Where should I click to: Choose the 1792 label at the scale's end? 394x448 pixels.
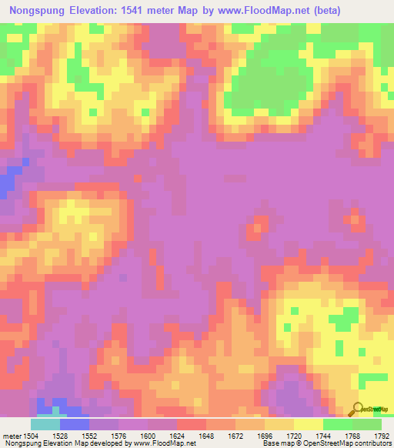tap(382, 436)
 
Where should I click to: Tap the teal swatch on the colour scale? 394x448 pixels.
tap(45, 424)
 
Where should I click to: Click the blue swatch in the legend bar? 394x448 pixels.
tap(75, 424)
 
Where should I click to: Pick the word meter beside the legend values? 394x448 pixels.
tap(12, 436)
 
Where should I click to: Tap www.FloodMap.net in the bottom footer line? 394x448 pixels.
tap(163, 443)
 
